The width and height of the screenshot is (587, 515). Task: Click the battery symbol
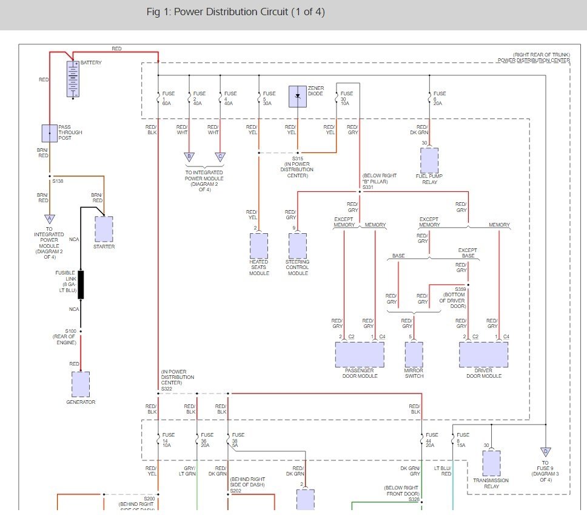click(73, 78)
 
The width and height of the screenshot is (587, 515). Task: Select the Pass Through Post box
click(50, 133)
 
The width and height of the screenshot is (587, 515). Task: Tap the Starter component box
click(104, 229)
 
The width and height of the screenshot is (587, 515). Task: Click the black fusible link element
click(81, 285)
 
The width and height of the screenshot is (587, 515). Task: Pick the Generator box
click(80, 384)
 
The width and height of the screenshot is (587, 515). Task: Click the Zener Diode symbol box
click(298, 96)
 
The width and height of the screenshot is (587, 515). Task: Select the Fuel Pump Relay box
click(429, 160)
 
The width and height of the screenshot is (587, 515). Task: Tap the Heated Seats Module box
click(259, 246)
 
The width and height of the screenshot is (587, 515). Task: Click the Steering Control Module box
click(297, 246)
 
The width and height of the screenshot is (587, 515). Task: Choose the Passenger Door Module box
click(360, 355)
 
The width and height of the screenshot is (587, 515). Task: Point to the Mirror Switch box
click(414, 355)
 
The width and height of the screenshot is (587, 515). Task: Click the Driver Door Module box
click(483, 355)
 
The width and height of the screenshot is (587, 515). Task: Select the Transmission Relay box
click(491, 463)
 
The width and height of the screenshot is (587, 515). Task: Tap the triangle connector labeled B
click(189, 157)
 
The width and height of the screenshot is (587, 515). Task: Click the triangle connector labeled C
click(220, 157)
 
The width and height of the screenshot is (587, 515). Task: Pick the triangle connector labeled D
click(546, 452)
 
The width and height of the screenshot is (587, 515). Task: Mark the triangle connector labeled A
click(50, 219)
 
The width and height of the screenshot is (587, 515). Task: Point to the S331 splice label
click(367, 188)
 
